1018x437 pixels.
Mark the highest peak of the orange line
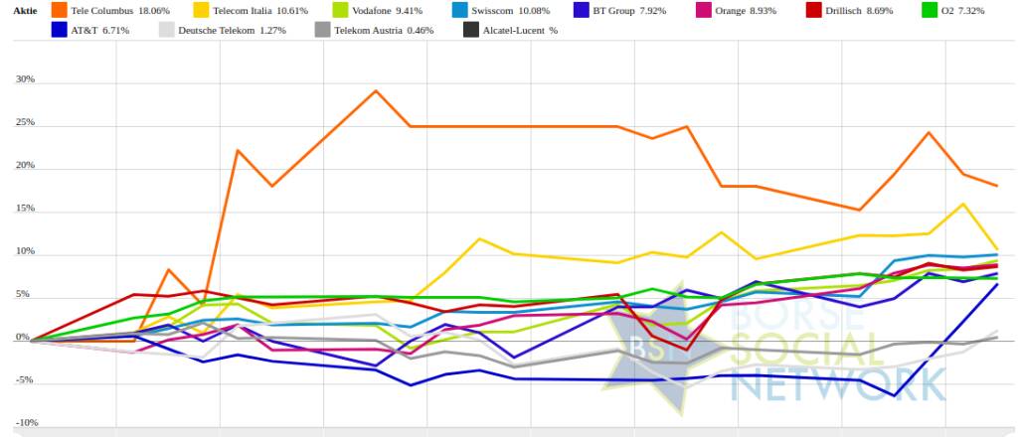376,91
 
